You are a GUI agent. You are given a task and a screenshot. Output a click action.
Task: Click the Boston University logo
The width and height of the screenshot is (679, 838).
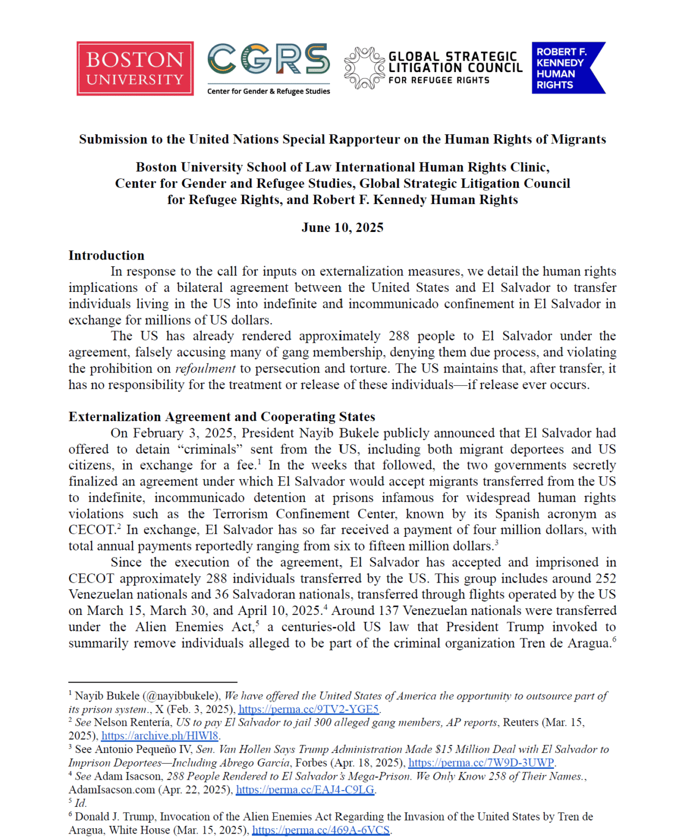tap(135, 69)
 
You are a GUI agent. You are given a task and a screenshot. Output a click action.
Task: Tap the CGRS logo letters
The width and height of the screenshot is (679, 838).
tap(268, 59)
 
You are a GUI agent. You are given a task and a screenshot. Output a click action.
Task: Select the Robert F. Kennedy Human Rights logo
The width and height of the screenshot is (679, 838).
tap(568, 68)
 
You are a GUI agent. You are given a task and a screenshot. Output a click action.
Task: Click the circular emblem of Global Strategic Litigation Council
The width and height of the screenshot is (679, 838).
tap(364, 68)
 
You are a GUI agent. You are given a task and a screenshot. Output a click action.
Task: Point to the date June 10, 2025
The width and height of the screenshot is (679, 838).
tap(342, 228)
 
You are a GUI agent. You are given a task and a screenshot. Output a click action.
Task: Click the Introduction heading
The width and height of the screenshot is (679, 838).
tap(106, 255)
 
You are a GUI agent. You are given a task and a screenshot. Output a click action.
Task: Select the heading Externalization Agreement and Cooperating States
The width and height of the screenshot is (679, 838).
tap(221, 417)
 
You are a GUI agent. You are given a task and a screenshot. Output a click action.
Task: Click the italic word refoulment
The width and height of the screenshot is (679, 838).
tap(205, 369)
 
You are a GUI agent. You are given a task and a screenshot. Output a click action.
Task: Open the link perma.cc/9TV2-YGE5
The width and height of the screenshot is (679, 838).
tap(308, 709)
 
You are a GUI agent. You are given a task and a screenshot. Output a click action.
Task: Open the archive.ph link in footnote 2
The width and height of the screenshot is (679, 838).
tap(160, 735)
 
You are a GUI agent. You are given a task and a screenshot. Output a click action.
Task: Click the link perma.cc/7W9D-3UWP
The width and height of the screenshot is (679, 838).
tap(481, 763)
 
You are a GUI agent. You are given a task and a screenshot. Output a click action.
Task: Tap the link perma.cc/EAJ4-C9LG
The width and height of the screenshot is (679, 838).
tap(305, 789)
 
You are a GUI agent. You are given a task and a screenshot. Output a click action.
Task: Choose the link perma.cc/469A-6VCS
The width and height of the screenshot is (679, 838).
tap(321, 830)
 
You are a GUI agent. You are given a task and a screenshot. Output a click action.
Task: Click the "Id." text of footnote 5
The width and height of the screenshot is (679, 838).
tap(81, 803)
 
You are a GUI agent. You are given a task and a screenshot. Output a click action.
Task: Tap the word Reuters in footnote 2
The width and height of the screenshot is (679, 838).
tap(520, 722)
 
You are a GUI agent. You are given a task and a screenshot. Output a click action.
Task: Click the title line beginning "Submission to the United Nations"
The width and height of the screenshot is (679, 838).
tap(342, 140)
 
